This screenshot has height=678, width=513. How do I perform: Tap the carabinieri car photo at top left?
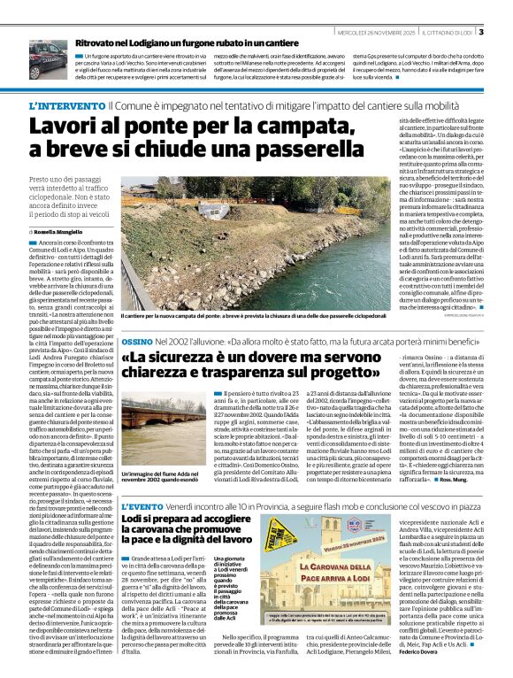(x=50, y=60)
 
